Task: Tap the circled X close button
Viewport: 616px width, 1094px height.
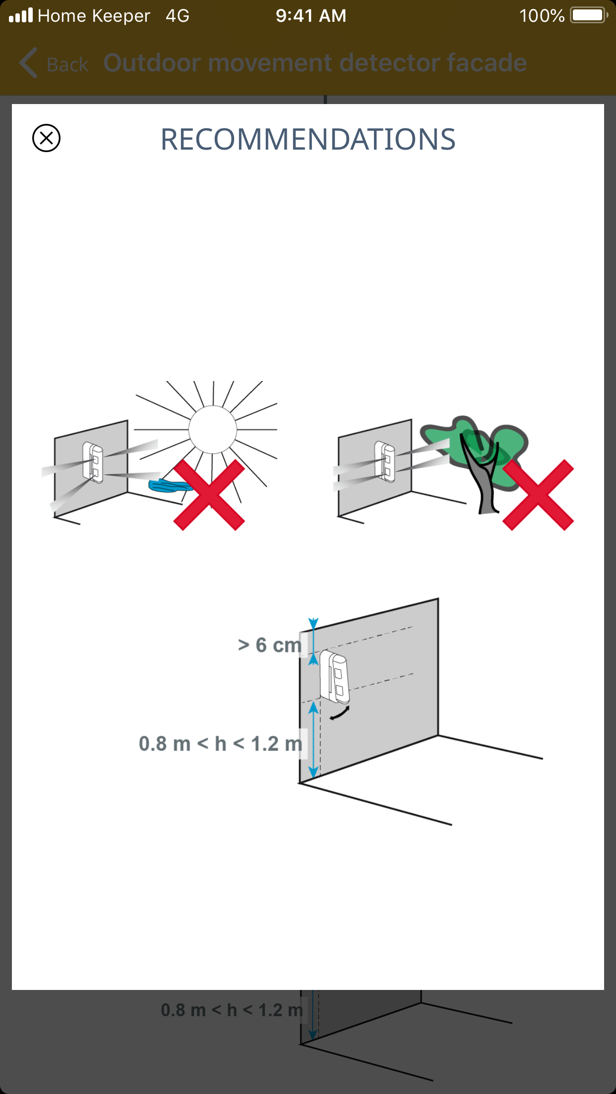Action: (46, 138)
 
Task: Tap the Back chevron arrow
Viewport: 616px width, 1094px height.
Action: (28, 63)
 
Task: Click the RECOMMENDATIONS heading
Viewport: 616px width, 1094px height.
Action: (308, 139)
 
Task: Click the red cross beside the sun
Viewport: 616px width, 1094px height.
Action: (209, 494)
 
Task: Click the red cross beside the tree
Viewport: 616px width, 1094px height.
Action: (538, 494)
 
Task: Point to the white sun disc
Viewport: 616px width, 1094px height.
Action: (213, 430)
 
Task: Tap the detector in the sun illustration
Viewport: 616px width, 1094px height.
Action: (93, 462)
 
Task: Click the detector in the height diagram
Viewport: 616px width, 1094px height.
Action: (334, 677)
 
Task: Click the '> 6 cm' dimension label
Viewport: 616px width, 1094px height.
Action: (270, 645)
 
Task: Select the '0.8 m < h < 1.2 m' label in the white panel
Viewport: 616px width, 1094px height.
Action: (221, 744)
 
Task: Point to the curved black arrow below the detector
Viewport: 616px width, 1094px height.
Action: (340, 713)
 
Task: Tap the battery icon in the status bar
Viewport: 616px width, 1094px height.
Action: (589, 15)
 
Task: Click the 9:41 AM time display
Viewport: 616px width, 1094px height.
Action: (311, 16)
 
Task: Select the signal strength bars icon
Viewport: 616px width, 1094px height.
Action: (21, 15)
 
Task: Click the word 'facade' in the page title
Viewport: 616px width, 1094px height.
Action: (487, 63)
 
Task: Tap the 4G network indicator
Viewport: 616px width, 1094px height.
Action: (178, 16)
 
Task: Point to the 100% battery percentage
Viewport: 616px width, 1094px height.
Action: (542, 16)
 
